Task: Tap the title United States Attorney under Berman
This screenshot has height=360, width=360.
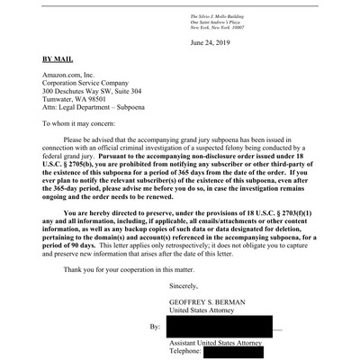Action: (x=207, y=310)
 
